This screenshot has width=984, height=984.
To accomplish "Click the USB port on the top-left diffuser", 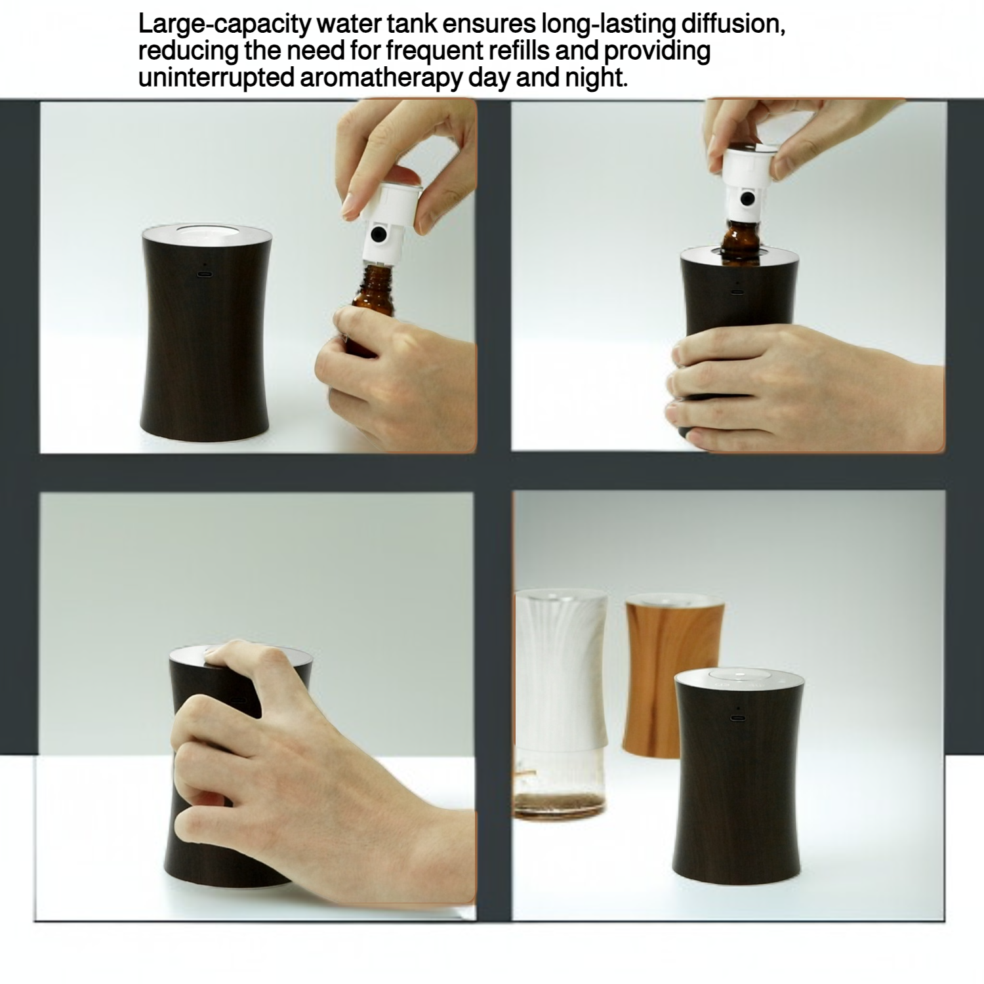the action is pyautogui.click(x=205, y=274).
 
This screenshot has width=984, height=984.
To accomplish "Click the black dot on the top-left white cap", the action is pyautogui.click(x=377, y=234).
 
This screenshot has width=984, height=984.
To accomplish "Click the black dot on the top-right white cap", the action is pyautogui.click(x=747, y=198).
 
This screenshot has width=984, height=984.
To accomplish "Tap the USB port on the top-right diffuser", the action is pyautogui.click(x=737, y=291).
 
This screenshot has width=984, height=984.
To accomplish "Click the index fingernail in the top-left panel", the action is pyautogui.click(x=354, y=200).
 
